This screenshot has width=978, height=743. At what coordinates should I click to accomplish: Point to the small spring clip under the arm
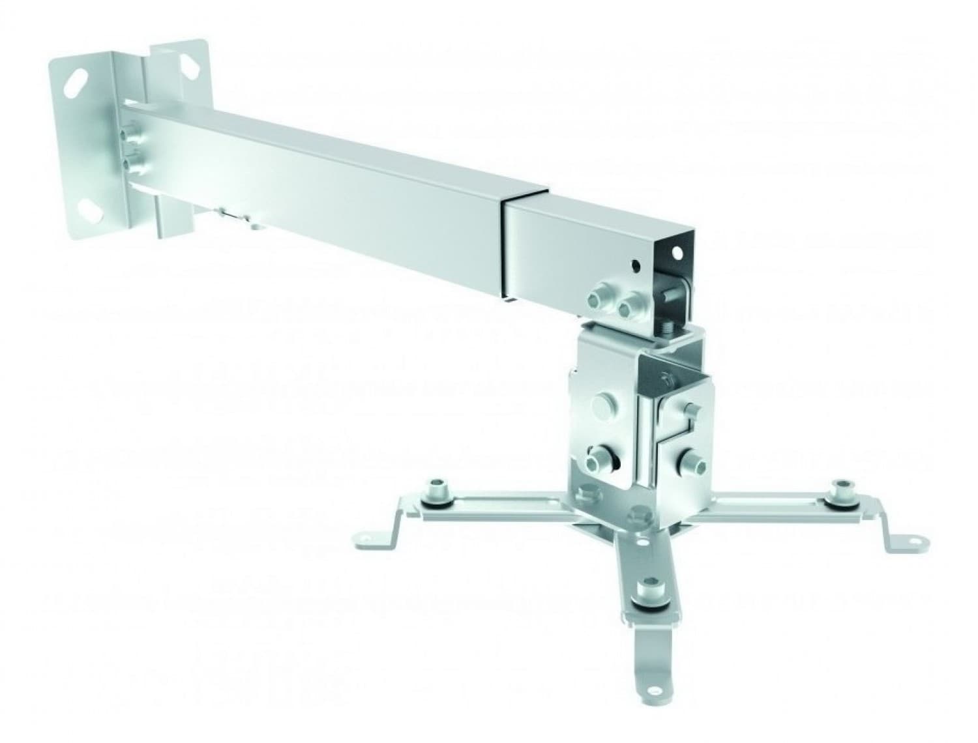click(229, 214)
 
